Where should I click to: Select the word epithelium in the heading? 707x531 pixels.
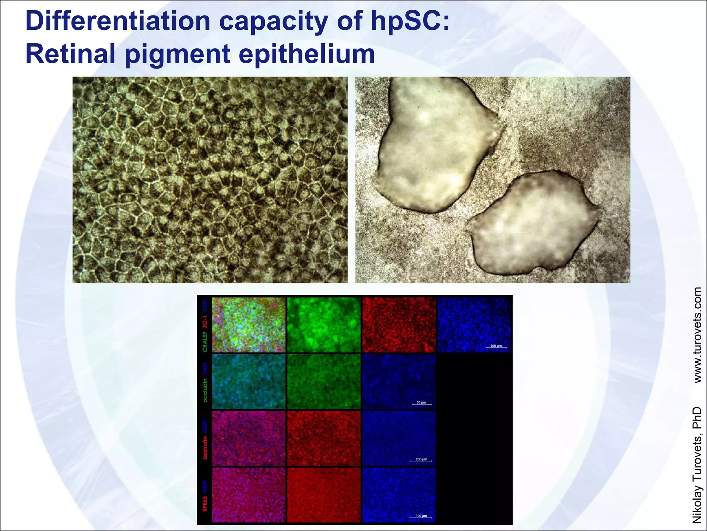[307, 54]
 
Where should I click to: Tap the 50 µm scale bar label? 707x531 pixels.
[421, 402]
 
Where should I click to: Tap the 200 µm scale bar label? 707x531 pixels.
[421, 459]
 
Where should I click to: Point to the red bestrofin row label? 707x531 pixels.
[205, 447]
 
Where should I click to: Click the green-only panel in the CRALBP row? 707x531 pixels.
[323, 325]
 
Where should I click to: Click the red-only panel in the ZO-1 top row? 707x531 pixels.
[399, 325]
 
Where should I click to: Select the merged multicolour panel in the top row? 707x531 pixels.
[249, 325]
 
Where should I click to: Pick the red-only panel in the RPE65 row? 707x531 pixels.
[323, 495]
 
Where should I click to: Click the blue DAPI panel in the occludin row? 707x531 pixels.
[399, 381]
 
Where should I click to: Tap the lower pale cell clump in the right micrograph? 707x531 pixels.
[533, 225]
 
